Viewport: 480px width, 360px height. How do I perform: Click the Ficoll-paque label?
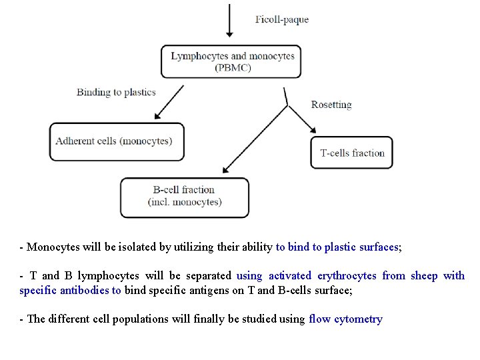[282, 19]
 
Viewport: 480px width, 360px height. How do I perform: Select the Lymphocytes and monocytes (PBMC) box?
[232, 61]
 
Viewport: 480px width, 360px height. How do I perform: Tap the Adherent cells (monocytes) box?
[117, 141]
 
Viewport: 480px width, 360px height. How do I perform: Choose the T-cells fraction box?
[352, 153]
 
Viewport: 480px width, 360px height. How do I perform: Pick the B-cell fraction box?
[185, 197]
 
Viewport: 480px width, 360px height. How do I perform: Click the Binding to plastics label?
[116, 92]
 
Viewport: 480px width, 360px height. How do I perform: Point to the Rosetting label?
[331, 104]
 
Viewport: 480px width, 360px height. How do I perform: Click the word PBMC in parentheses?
[233, 67]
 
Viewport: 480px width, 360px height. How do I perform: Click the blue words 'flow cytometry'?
[345, 319]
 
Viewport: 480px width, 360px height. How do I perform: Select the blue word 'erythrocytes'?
[347, 275]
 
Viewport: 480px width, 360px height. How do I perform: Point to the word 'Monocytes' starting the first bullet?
[51, 247]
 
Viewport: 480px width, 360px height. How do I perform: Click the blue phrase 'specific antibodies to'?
[70, 290]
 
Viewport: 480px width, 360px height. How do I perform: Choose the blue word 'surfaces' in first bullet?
[378, 247]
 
